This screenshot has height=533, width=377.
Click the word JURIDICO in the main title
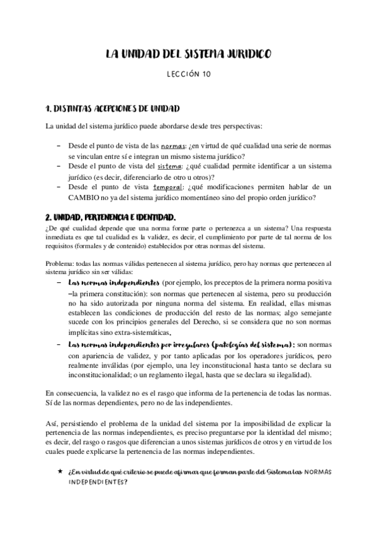point(247,55)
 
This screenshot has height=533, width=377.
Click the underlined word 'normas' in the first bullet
point(174,144)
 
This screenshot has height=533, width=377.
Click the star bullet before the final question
point(59,471)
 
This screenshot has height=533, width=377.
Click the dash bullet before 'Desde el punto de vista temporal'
point(59,187)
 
